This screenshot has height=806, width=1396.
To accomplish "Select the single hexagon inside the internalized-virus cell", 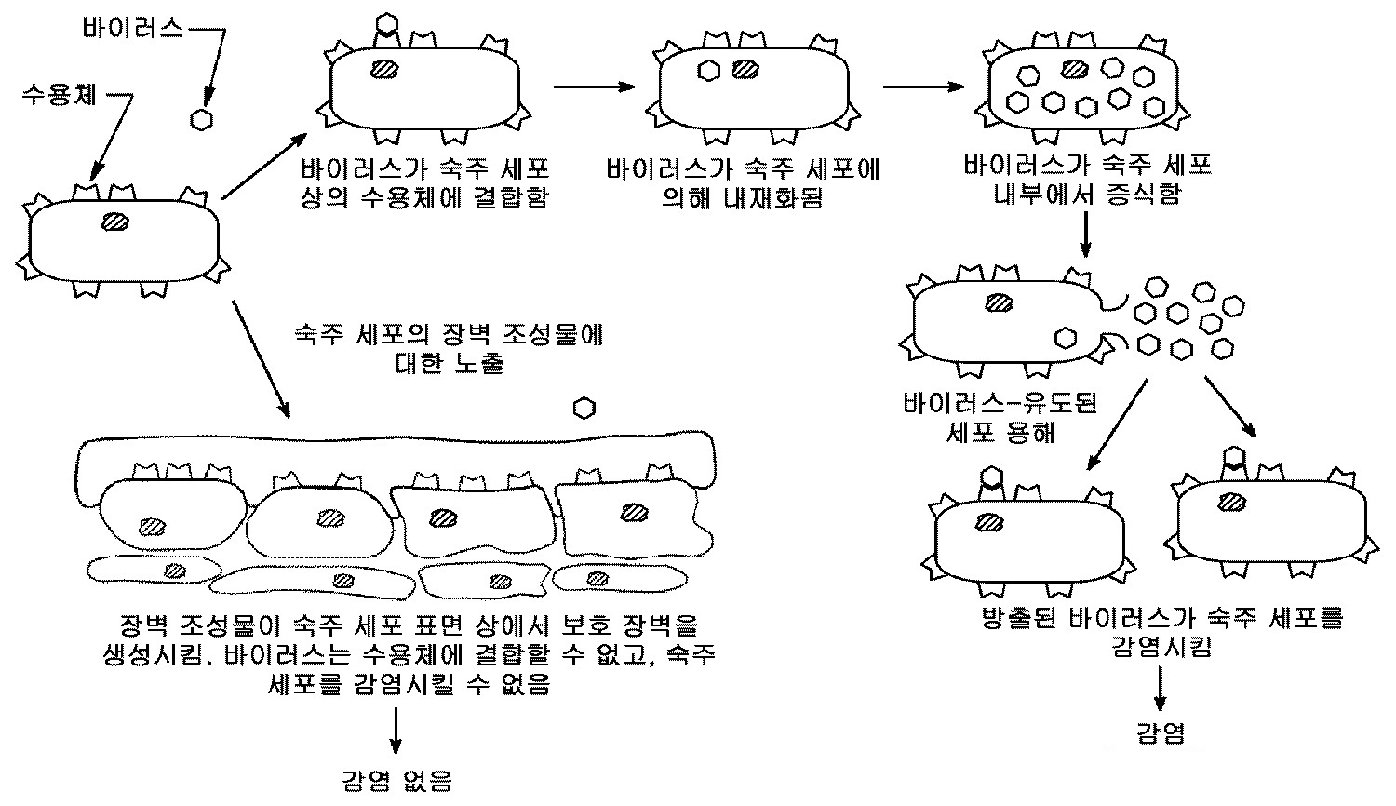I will [709, 70].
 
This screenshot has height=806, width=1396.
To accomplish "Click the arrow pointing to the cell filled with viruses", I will [922, 87].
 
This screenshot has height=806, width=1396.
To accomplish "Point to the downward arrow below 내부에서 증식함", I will [1086, 236].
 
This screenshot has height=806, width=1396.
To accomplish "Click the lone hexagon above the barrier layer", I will [584, 409].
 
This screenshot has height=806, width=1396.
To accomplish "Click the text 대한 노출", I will [449, 363].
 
